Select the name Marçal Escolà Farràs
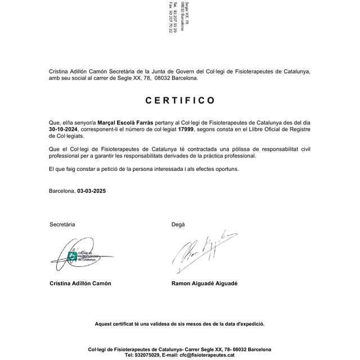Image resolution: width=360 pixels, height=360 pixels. point(125,122)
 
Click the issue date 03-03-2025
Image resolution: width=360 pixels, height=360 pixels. point(92,191)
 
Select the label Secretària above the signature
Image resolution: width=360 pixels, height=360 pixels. point(62,224)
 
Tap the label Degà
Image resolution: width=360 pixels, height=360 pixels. point(178,224)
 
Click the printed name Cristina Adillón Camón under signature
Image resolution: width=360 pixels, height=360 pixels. point(80,283)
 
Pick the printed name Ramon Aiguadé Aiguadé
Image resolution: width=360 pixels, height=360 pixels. point(204,283)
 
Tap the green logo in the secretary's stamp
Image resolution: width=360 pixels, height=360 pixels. point(71,256)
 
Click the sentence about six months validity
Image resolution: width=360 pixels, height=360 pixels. point(179,324)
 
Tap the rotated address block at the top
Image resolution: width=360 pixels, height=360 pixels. point(179,17)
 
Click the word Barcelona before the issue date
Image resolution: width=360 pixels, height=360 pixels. point(62,191)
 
